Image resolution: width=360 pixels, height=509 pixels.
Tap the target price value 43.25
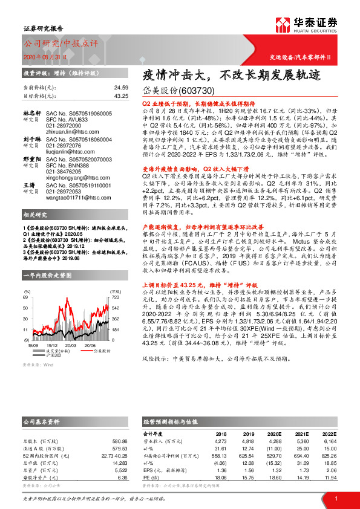120,96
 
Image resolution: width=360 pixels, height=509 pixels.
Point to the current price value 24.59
120,88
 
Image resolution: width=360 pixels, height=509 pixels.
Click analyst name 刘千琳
31,139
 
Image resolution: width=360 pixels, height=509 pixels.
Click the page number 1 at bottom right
336,498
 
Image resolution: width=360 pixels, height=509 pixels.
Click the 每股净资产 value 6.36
123,477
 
